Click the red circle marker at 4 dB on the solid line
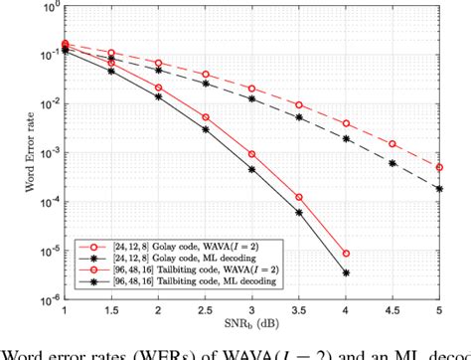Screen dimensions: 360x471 345,254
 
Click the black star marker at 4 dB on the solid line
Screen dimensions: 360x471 345,272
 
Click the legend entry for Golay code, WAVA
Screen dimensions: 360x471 159,243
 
